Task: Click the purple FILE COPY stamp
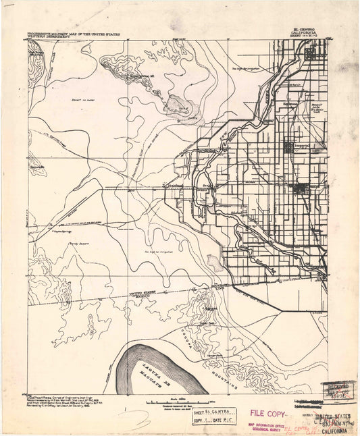click(x=267, y=412)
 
